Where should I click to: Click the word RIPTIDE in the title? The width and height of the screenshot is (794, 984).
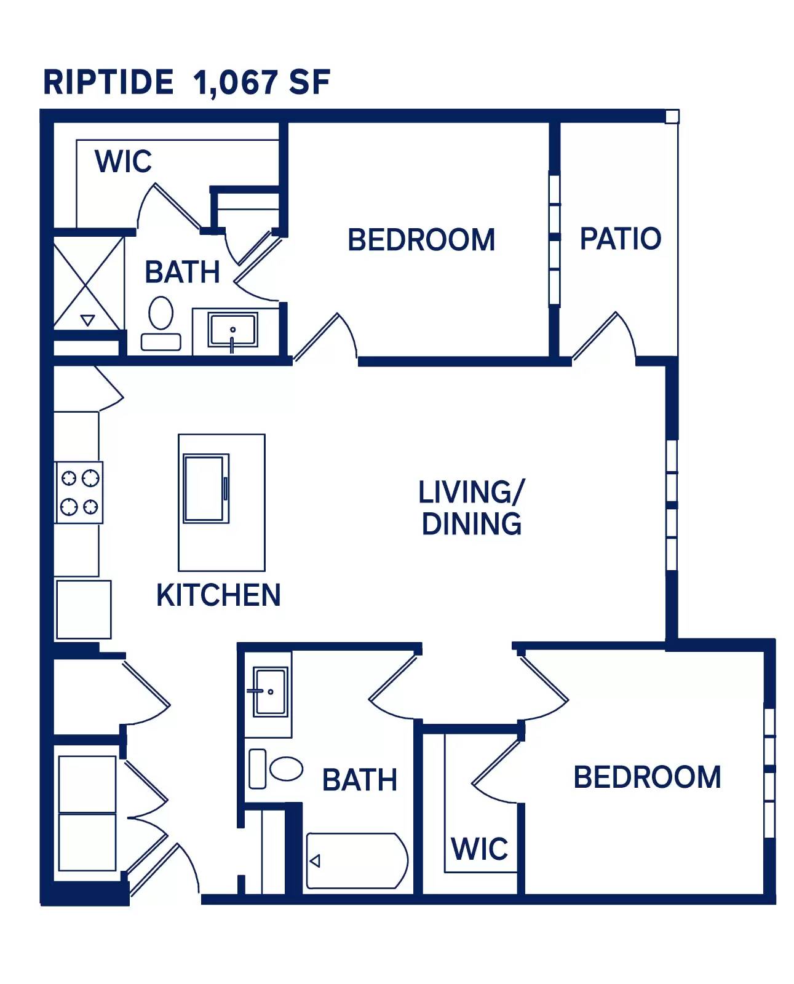pos(108,82)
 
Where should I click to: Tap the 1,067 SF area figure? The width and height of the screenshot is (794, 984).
pos(262,82)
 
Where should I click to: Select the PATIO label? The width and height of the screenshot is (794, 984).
pos(620,239)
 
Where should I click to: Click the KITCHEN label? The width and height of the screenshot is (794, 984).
pos(218,595)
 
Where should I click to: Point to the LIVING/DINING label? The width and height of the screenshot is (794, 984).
pos(471,508)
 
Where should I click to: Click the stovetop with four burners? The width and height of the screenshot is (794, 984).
pos(79,493)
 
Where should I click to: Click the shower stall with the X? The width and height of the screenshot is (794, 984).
pos(88,284)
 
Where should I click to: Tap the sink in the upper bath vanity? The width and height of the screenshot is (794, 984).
pos(232,330)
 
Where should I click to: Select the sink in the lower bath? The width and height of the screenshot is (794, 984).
pos(270,691)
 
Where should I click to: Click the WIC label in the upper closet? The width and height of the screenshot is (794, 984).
pos(123,162)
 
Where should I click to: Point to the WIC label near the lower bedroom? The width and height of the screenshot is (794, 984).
pos(479,849)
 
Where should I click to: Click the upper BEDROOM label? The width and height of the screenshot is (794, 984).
pos(421,240)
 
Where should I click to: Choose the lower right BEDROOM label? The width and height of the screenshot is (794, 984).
pos(647,777)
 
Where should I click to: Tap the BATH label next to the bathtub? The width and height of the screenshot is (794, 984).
pos(359,780)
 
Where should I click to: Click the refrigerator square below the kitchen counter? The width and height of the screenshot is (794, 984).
pos(84,609)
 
